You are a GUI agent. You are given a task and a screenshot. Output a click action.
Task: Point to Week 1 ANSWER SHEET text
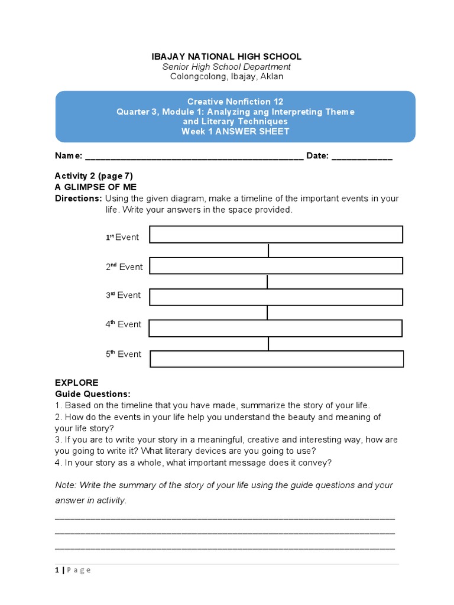coord(235,131)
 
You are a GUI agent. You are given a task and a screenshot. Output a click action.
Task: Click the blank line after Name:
coord(194,157)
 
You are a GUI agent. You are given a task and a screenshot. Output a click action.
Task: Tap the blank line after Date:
coord(362,157)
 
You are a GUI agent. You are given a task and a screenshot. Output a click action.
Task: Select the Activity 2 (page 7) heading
coord(94,176)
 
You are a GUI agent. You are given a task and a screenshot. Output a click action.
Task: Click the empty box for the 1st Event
coord(276,235)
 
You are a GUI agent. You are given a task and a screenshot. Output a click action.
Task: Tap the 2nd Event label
coord(124,267)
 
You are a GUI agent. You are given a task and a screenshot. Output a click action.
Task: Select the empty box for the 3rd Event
coord(276,297)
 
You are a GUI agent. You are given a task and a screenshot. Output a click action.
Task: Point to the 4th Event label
coord(124,324)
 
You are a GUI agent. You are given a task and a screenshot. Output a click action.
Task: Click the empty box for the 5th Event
coord(277,359)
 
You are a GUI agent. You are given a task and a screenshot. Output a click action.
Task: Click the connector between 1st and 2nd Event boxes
coord(268,251)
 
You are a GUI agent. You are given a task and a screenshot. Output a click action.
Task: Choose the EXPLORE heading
coord(76,383)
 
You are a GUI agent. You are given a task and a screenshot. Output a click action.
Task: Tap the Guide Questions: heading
coord(93,394)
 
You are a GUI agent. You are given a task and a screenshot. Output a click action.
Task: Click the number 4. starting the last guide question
coord(58,463)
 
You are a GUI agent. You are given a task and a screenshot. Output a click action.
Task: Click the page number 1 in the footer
coord(57,570)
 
